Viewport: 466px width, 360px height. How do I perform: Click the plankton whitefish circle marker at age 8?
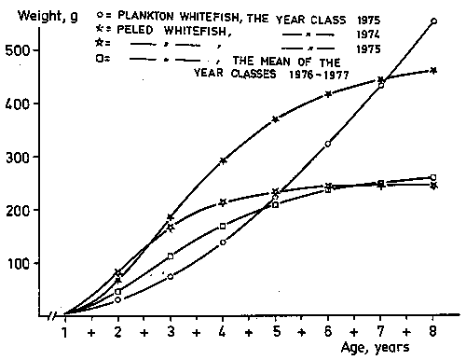[433, 21]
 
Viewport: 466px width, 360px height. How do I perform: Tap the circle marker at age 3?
[171, 276]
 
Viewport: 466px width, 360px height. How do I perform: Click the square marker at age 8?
[433, 177]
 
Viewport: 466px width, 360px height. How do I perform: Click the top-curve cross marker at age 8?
[433, 70]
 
